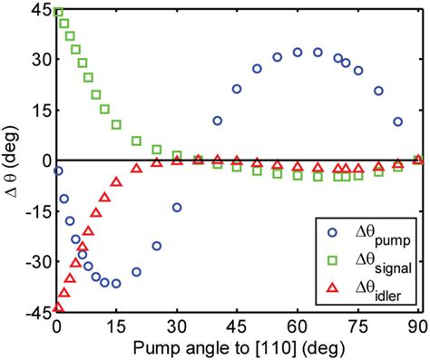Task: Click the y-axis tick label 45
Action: (x=38, y=11)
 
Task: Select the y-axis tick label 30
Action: (x=38, y=61)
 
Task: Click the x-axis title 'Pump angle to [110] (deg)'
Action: (x=237, y=347)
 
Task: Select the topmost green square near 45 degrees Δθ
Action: (x=58, y=13)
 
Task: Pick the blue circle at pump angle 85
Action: (x=397, y=122)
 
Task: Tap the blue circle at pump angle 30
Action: (x=177, y=208)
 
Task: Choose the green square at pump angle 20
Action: (x=137, y=141)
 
